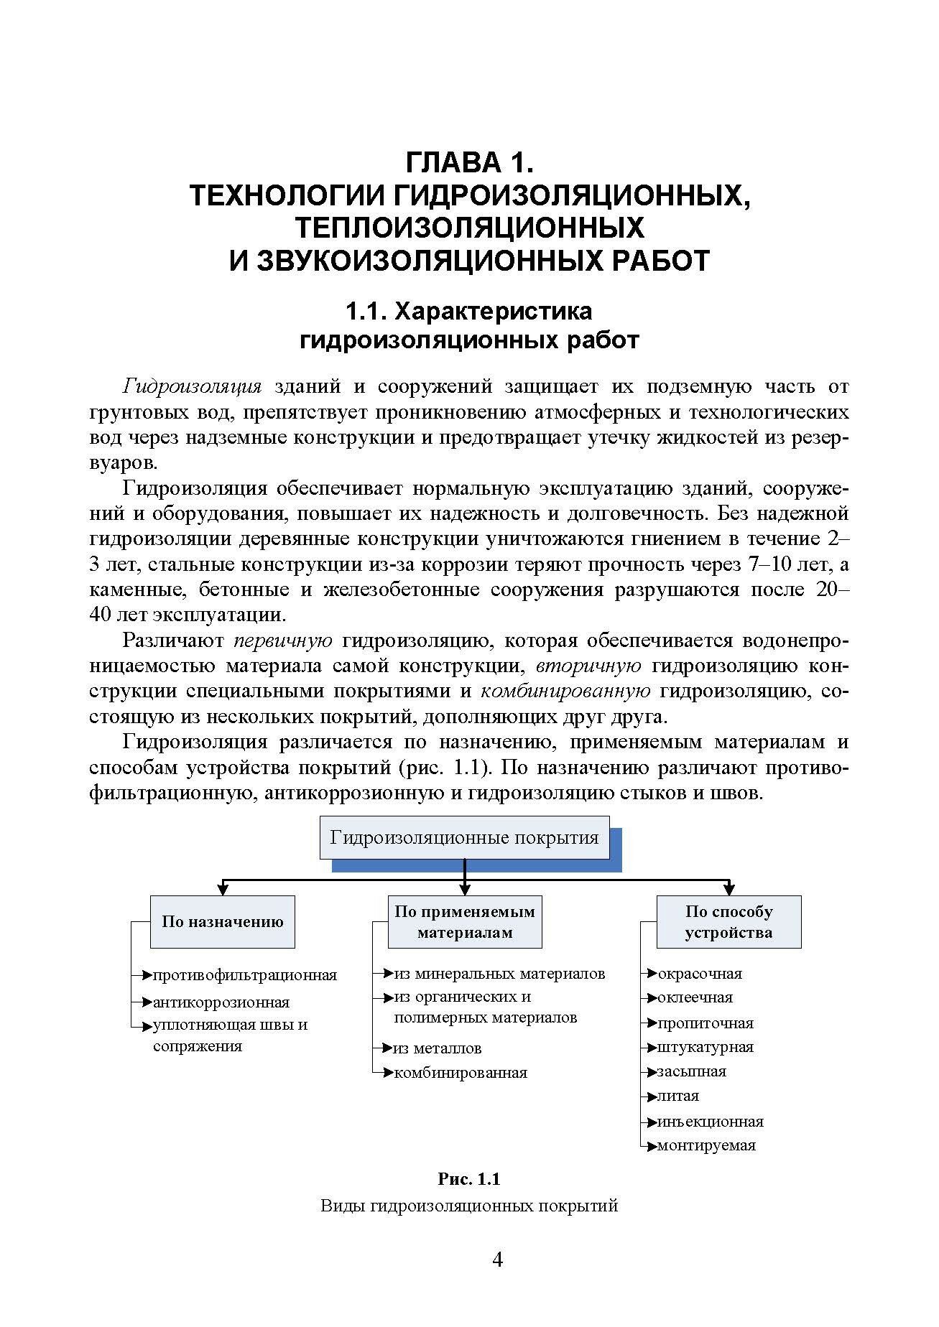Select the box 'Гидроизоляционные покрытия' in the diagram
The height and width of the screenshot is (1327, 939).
464,837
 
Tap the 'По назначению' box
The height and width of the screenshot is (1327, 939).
223,921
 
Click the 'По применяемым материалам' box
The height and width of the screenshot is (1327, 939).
465,921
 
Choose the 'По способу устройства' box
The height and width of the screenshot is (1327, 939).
728,921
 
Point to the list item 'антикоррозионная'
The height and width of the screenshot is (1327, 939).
221,1002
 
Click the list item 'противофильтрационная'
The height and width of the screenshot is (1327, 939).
244,975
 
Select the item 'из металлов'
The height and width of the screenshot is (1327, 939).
438,1048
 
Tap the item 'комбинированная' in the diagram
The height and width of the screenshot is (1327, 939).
460,1073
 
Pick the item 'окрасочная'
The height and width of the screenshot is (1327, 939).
700,974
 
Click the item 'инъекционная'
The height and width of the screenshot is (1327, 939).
710,1121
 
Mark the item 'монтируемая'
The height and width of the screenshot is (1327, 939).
706,1145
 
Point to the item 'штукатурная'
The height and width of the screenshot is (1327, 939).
706,1047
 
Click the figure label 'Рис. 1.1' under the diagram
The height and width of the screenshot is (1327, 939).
468,1179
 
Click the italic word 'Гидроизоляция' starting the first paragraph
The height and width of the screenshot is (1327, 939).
192,387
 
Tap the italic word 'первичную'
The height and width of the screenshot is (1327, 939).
283,641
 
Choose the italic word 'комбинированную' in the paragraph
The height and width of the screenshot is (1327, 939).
565,692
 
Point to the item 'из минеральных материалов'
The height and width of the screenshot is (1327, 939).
499,974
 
